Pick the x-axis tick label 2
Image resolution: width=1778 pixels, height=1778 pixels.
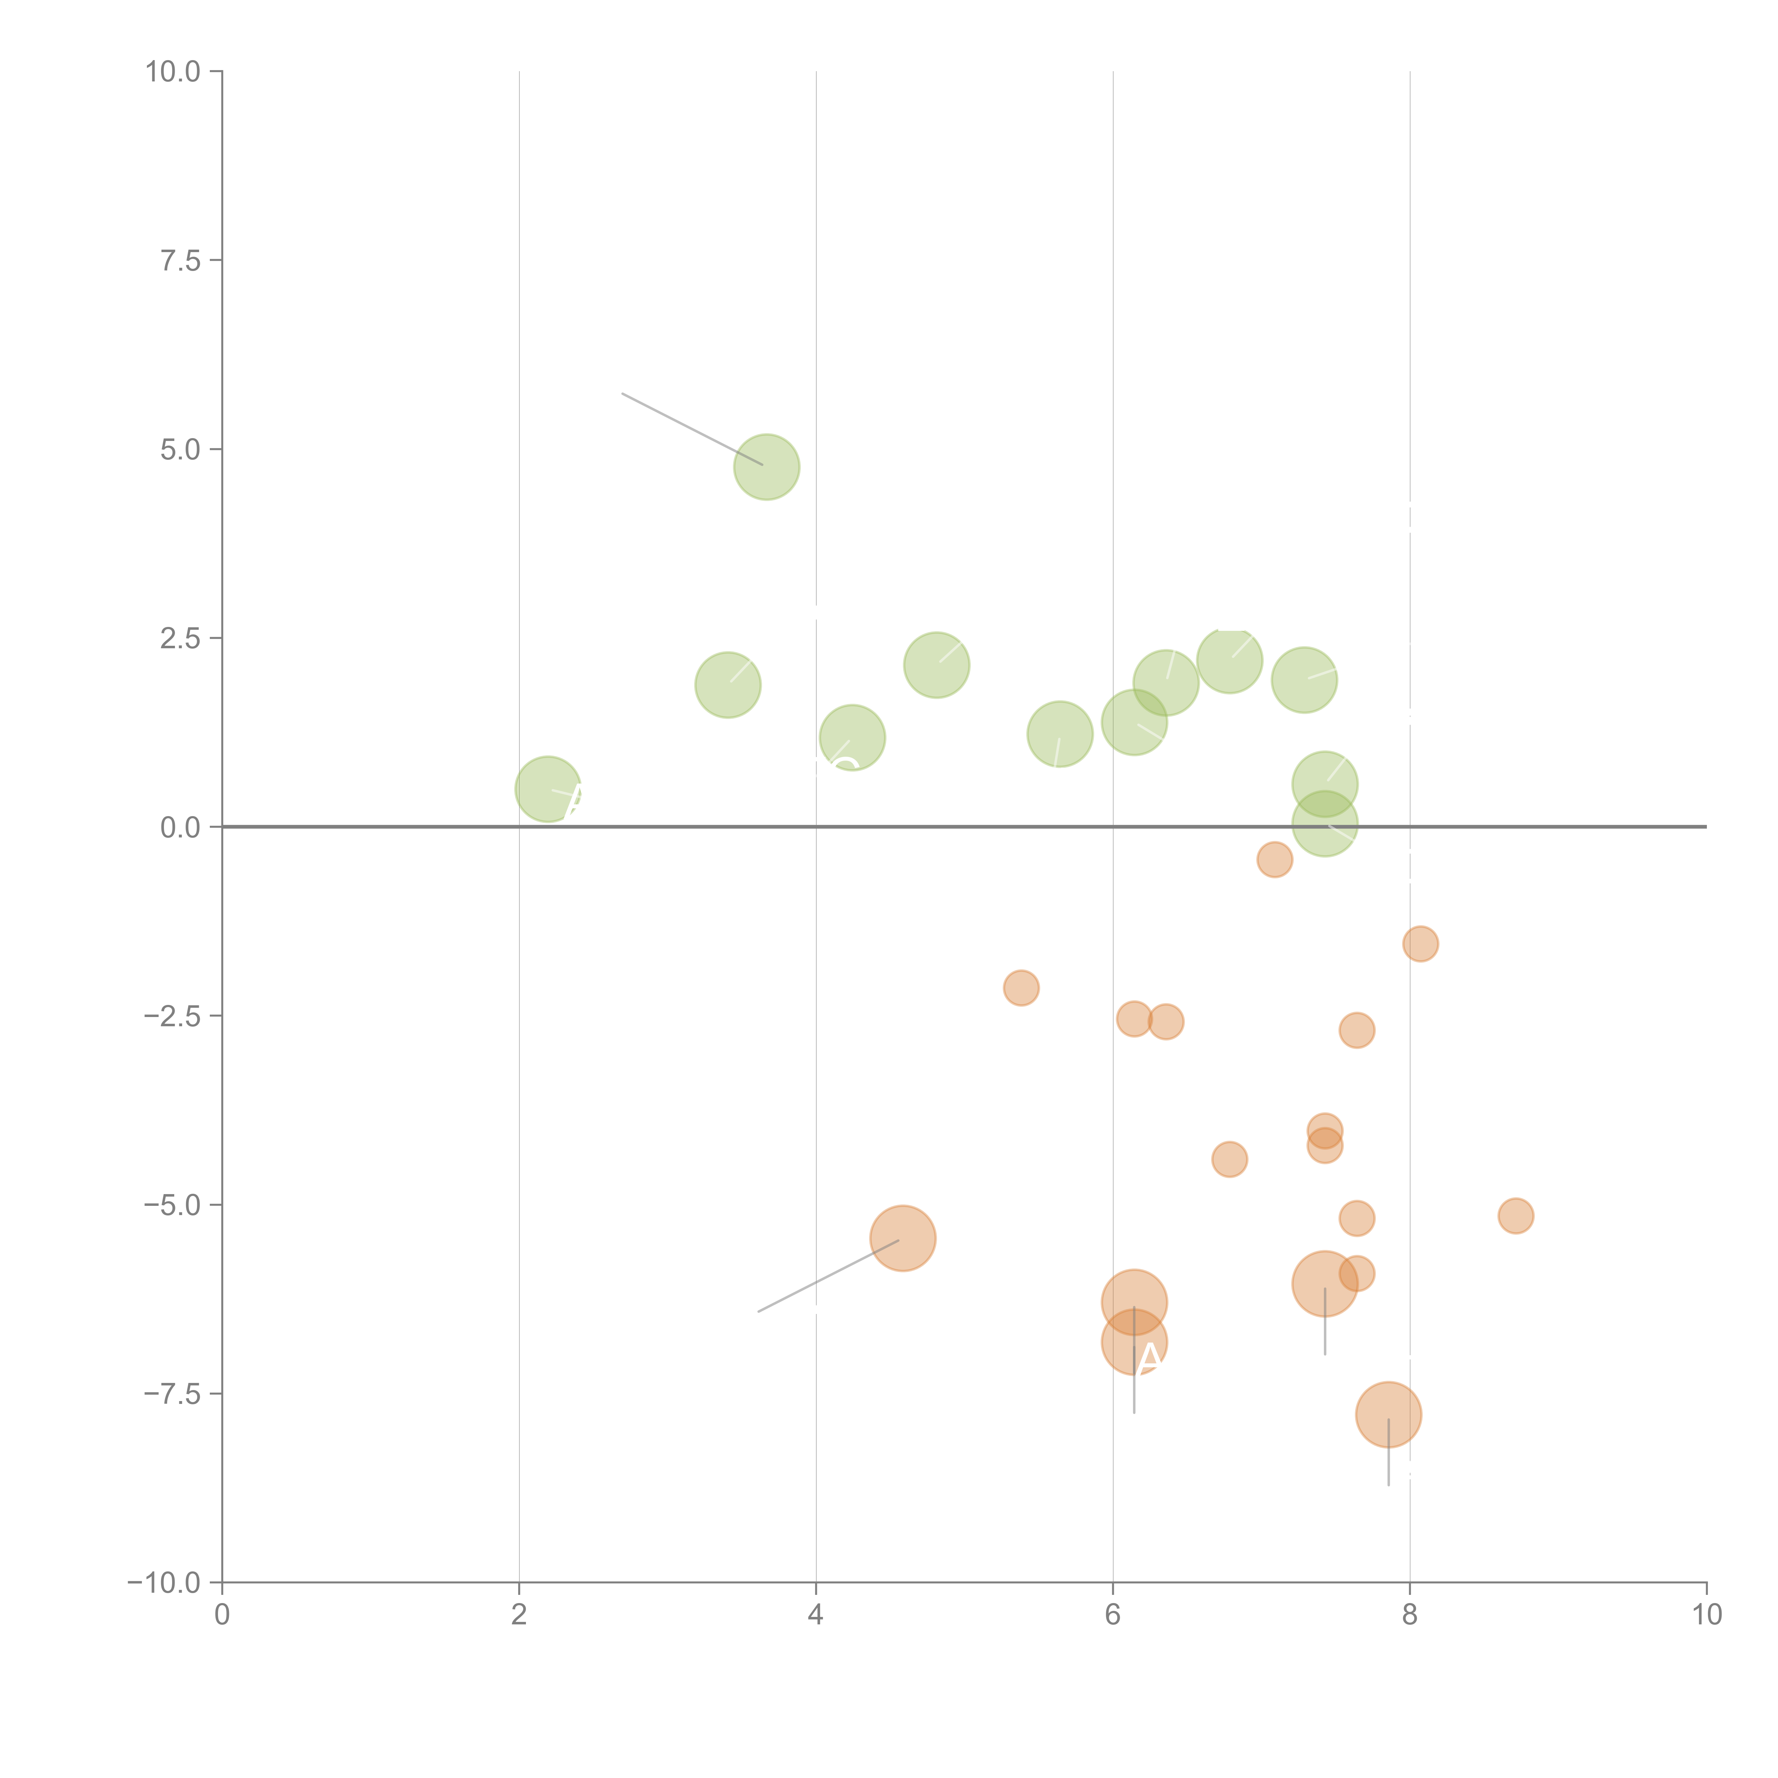pyautogui.click(x=519, y=1615)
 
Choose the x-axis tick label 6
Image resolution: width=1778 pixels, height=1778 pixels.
pyautogui.click(x=1113, y=1615)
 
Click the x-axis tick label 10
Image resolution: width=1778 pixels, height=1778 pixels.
pyautogui.click(x=1706, y=1615)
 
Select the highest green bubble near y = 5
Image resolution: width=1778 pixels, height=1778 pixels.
pyautogui.click(x=767, y=467)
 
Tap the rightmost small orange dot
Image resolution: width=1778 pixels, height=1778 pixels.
pyautogui.click(x=1516, y=1216)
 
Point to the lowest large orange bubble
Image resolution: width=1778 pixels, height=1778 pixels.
pyautogui.click(x=1388, y=1415)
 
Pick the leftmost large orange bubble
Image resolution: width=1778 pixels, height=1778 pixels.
pyautogui.click(x=903, y=1238)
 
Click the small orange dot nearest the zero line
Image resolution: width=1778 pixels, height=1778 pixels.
pyautogui.click(x=1274, y=859)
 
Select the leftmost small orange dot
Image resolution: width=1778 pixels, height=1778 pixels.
pyautogui.click(x=1021, y=989)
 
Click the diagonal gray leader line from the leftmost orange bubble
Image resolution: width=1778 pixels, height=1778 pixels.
pyautogui.click(x=828, y=1276)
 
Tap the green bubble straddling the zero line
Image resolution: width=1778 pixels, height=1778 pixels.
pyautogui.click(x=1324, y=825)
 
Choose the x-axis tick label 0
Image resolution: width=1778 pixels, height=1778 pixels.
pyautogui.click(x=222, y=1615)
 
